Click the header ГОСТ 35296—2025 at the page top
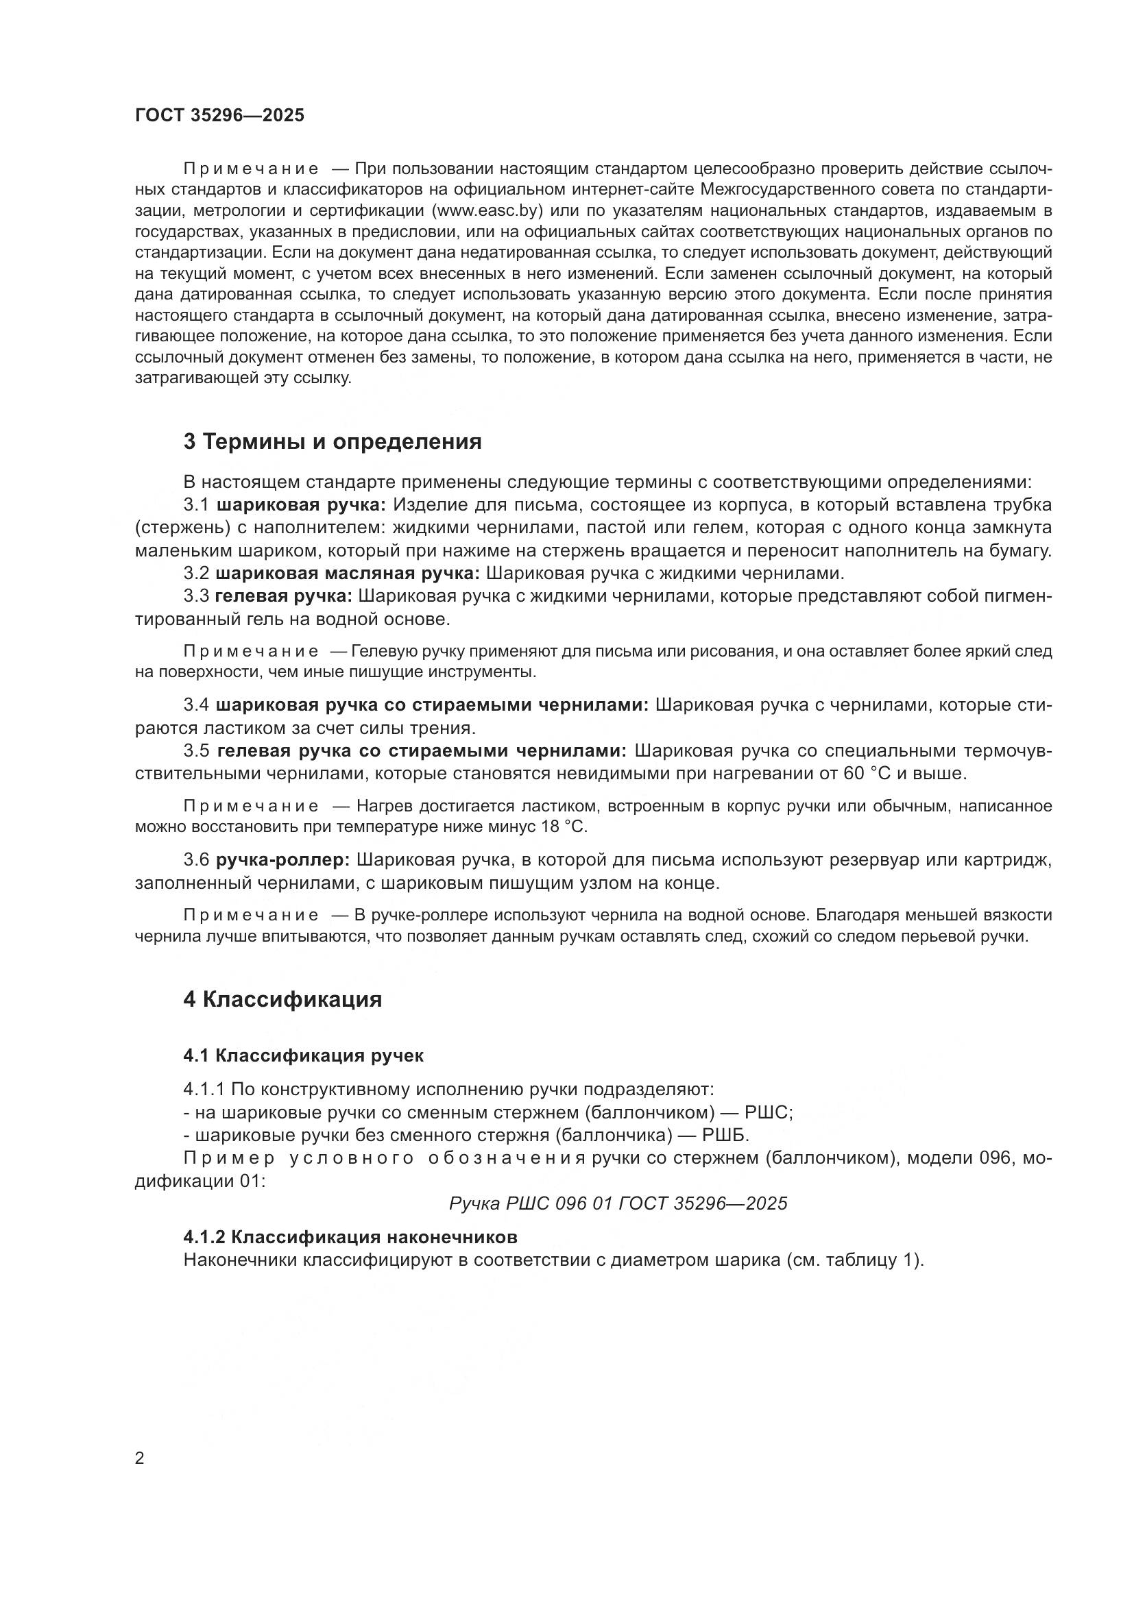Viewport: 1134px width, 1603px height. click(x=220, y=115)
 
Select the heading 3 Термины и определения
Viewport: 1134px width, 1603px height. click(x=333, y=442)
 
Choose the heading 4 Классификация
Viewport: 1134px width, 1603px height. click(x=282, y=1000)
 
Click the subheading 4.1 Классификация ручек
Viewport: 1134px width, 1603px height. click(x=303, y=1055)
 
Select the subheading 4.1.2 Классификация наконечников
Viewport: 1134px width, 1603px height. click(x=350, y=1237)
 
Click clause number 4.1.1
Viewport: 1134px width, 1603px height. click(x=204, y=1089)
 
